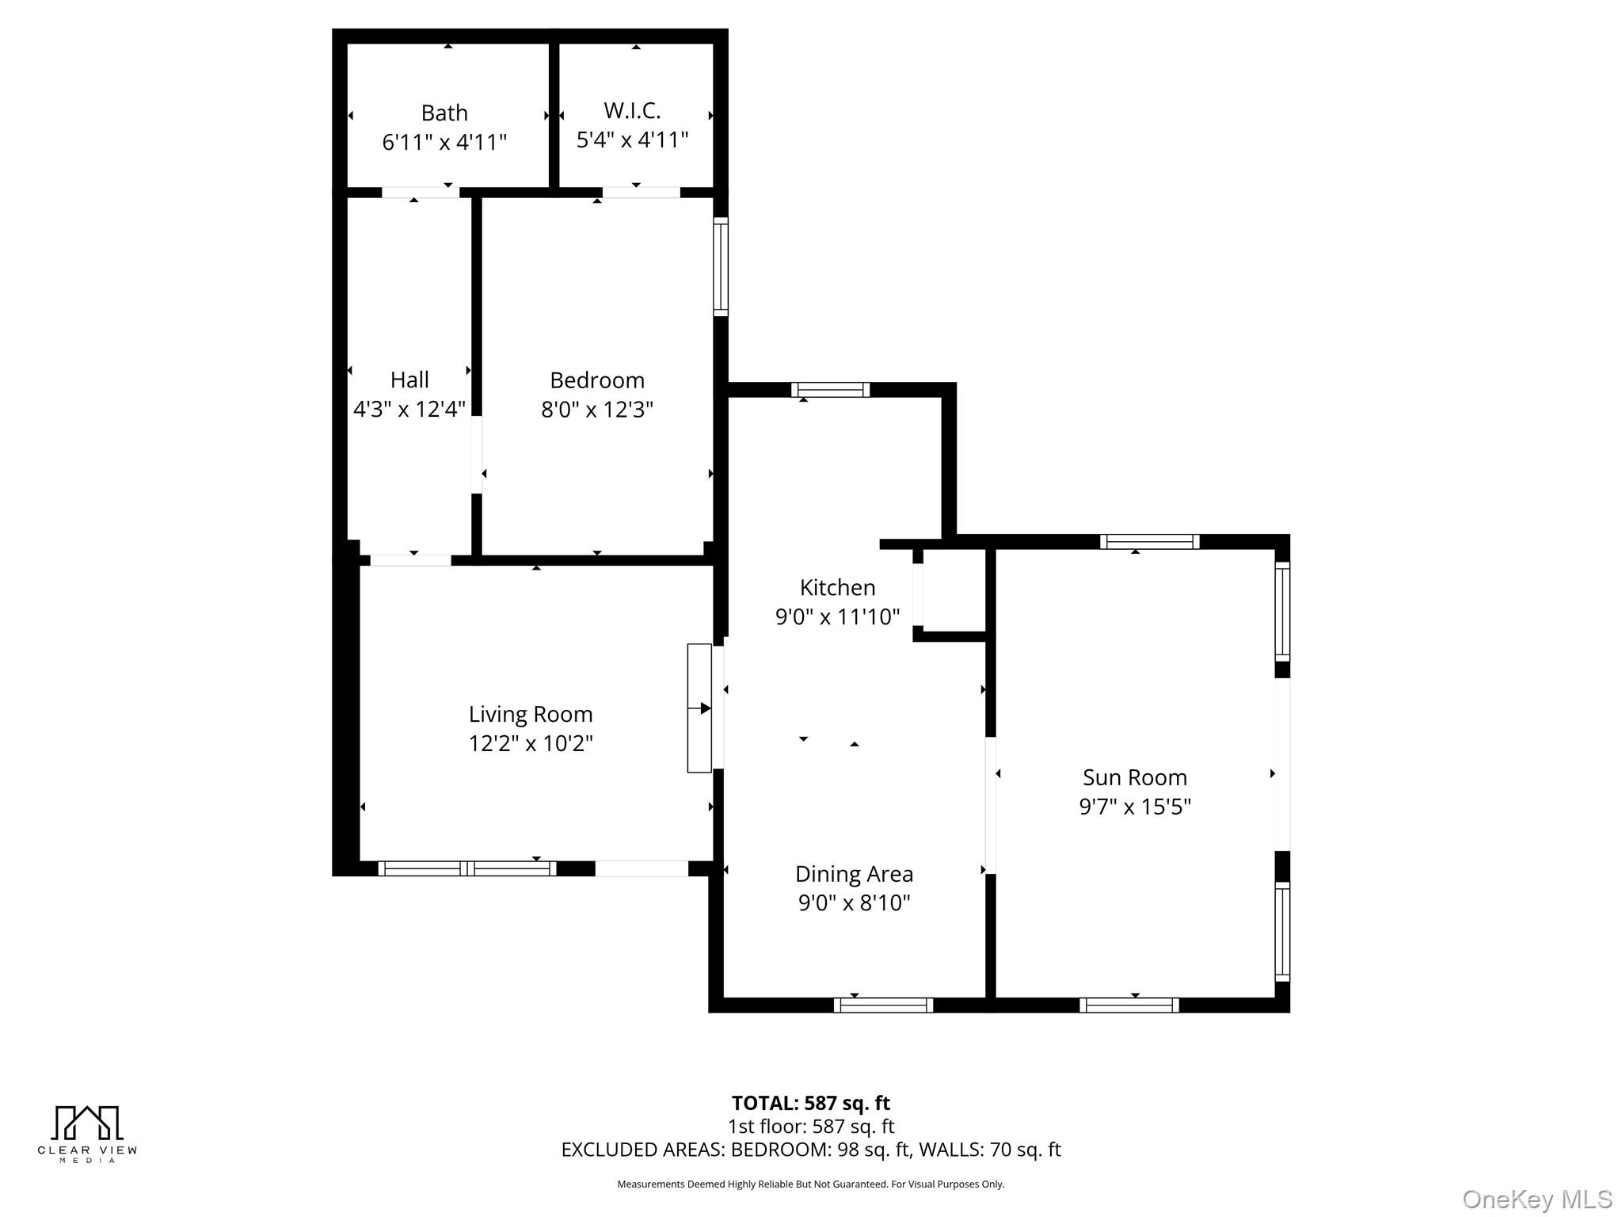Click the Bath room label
click(444, 113)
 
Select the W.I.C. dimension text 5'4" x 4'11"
click(632, 140)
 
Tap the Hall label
click(409, 380)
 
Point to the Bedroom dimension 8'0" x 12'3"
click(597, 410)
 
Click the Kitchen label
click(837, 587)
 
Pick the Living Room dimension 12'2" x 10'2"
click(531, 743)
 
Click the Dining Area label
click(854, 874)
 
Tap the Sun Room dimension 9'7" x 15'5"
click(1135, 807)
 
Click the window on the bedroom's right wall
click(721, 266)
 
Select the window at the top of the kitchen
click(830, 390)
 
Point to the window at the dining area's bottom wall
click(883, 1005)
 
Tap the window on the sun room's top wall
click(1149, 542)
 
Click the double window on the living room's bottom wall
click(466, 868)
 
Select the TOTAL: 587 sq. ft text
click(810, 1103)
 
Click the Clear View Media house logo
click(87, 1124)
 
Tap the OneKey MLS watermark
click(1536, 1199)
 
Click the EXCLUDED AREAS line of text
click(810, 1150)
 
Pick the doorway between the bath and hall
click(420, 193)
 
